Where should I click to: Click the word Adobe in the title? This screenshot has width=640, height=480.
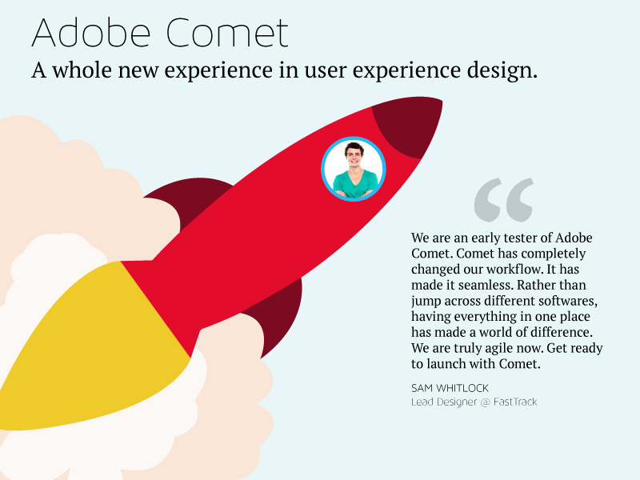(x=91, y=33)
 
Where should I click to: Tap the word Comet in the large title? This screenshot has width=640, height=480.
(x=227, y=33)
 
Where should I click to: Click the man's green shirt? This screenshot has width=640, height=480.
(x=354, y=184)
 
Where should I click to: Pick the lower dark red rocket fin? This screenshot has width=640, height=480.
(x=278, y=314)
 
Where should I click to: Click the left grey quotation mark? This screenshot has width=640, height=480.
(x=488, y=199)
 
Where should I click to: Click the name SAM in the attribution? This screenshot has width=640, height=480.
(x=422, y=388)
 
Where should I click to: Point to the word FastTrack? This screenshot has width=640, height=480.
(x=515, y=402)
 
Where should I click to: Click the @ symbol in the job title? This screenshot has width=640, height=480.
(x=486, y=402)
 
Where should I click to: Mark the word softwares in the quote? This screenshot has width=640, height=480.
(x=568, y=301)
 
